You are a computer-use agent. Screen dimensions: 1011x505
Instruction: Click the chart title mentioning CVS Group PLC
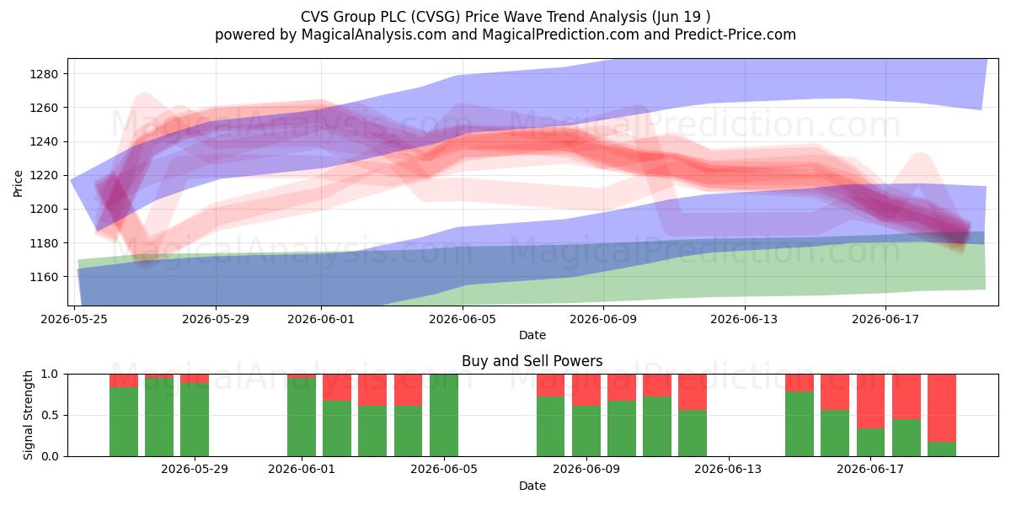pyautogui.click(x=505, y=17)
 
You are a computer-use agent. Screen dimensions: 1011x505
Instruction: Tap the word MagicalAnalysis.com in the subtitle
pyautogui.click(x=374, y=35)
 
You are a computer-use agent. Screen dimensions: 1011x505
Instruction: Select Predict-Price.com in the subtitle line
pyautogui.click(x=736, y=35)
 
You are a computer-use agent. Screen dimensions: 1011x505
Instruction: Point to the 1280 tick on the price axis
pyautogui.click(x=44, y=74)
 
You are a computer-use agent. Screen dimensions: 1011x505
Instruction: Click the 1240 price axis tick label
pyautogui.click(x=44, y=141)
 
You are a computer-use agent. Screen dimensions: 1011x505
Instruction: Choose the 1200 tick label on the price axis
pyautogui.click(x=44, y=210)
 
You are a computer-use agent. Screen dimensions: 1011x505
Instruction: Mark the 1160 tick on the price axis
pyautogui.click(x=44, y=277)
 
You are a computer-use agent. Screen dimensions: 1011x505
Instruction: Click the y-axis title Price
pyautogui.click(x=18, y=183)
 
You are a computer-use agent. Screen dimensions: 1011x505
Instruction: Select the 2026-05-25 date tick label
pyautogui.click(x=74, y=319)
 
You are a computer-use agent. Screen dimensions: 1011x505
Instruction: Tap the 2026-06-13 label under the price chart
pyautogui.click(x=744, y=319)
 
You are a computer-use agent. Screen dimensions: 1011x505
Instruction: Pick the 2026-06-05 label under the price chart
pyautogui.click(x=463, y=319)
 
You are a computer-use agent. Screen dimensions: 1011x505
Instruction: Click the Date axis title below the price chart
pyautogui.click(x=532, y=335)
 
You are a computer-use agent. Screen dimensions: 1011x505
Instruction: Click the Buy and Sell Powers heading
pyautogui.click(x=532, y=361)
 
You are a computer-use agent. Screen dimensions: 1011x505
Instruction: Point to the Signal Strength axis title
pyautogui.click(x=28, y=415)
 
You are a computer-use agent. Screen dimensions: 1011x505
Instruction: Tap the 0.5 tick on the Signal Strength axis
pyautogui.click(x=50, y=415)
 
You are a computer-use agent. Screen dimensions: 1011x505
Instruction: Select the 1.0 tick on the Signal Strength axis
pyautogui.click(x=50, y=375)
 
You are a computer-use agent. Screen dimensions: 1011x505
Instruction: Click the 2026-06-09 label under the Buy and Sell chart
pyautogui.click(x=586, y=470)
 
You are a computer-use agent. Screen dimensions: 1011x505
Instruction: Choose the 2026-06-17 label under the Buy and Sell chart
pyautogui.click(x=870, y=470)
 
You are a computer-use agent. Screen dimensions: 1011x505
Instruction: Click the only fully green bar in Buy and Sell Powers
pyautogui.click(x=444, y=415)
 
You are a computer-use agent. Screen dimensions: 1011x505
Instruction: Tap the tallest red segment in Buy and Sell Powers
pyautogui.click(x=942, y=408)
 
